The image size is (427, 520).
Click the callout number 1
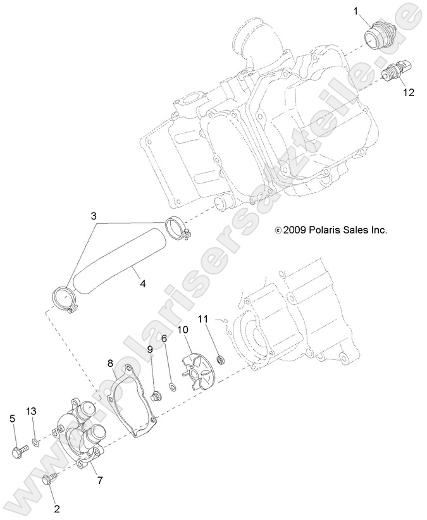point(356,11)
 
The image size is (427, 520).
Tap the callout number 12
point(409,92)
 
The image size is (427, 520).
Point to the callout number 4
point(143,284)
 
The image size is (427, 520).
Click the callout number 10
point(183,330)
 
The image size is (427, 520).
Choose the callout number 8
point(110,363)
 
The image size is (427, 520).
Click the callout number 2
point(56,507)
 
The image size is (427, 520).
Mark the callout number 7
point(99,480)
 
